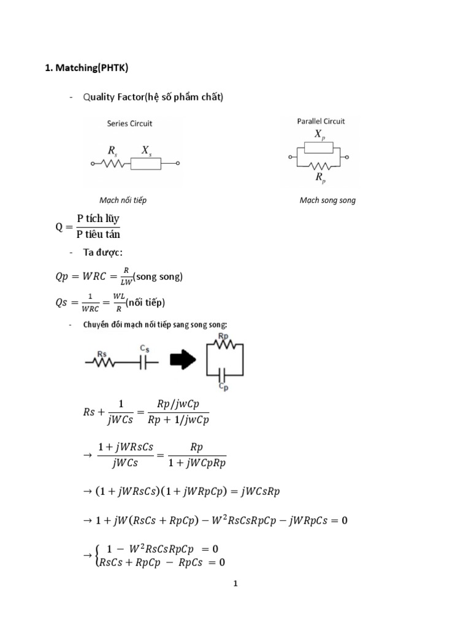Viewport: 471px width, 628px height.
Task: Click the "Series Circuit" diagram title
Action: coord(129,123)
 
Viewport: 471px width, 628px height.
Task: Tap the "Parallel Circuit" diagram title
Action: coord(321,121)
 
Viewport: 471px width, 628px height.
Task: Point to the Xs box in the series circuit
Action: coord(146,164)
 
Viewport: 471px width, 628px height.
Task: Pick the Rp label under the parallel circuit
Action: coord(320,177)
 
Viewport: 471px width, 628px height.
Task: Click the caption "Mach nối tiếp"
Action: coord(123,201)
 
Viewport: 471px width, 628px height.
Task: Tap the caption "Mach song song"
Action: coord(327,201)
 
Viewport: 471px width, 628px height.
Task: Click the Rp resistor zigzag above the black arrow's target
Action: coord(224,345)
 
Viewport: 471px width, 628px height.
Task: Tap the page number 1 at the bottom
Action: coord(235,584)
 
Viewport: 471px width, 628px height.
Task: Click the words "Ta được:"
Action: coord(102,252)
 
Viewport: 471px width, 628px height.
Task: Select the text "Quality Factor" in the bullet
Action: coord(110,98)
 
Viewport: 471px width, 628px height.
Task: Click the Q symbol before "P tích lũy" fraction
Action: coord(59,226)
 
